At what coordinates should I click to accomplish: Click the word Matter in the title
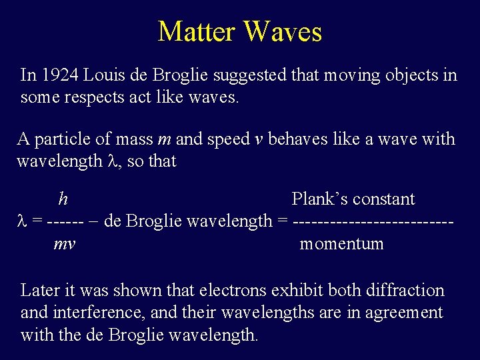point(197,31)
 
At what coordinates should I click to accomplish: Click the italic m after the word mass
point(163,140)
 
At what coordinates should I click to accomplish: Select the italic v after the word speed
point(257,140)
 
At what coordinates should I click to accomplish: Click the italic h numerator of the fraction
point(63,199)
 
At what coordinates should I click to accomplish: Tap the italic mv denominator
point(64,244)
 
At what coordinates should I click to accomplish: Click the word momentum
point(341,244)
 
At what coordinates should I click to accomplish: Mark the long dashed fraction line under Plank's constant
point(373,221)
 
